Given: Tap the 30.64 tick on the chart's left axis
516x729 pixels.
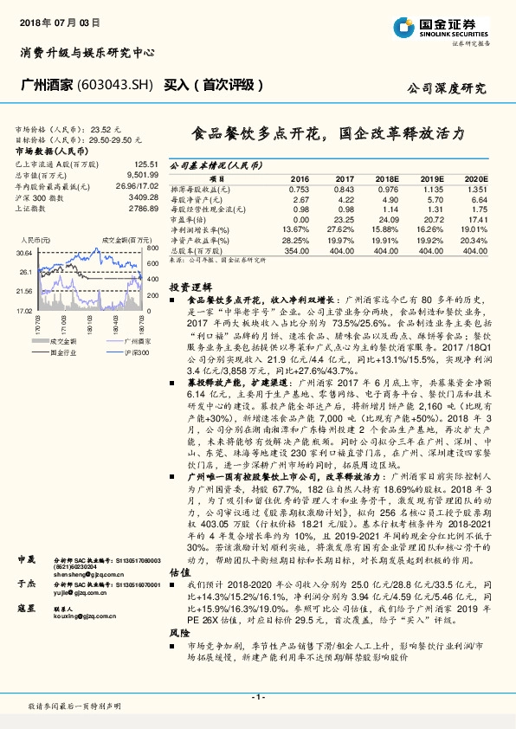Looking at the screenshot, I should (x=25, y=251).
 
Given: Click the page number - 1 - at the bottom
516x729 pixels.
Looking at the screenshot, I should (x=258, y=697).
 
